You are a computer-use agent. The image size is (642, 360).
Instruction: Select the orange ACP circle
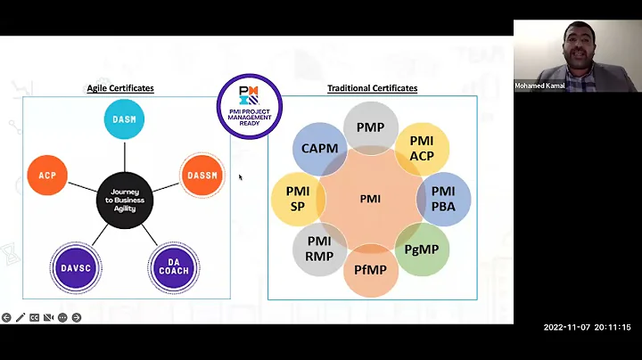coord(48,176)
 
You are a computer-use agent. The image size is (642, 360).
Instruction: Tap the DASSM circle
coord(202,176)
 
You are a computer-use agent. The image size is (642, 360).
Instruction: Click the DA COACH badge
coord(174,267)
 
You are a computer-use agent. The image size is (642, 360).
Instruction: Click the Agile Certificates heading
coord(119,88)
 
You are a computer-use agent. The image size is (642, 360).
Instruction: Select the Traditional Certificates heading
coord(372,88)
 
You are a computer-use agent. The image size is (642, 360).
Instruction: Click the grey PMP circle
coord(370,127)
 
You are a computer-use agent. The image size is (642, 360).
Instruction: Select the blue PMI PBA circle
coord(443,198)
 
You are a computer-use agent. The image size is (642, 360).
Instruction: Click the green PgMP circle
coord(422,250)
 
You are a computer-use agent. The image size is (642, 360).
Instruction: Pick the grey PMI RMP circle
coord(319,250)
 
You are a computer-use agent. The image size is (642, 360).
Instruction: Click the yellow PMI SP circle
coord(298,198)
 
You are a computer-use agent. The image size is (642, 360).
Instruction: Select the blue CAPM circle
coord(319,149)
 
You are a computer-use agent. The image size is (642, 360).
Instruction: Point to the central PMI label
coord(370,199)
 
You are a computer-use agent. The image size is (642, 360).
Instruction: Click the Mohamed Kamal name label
coord(540,86)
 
